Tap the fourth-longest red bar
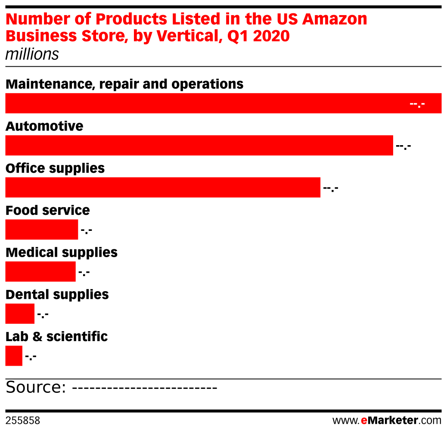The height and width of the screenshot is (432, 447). pyautogui.click(x=42, y=230)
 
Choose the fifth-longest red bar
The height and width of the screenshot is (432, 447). pyautogui.click(x=40, y=271)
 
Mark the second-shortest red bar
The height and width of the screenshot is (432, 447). pyautogui.click(x=20, y=314)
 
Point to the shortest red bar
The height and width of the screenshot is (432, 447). pyautogui.click(x=14, y=356)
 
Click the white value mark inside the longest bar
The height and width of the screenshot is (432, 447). pyautogui.click(x=417, y=104)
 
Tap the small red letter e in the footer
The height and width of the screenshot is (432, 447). pyautogui.click(x=364, y=421)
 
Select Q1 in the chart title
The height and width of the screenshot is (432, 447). pyautogui.click(x=238, y=37)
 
